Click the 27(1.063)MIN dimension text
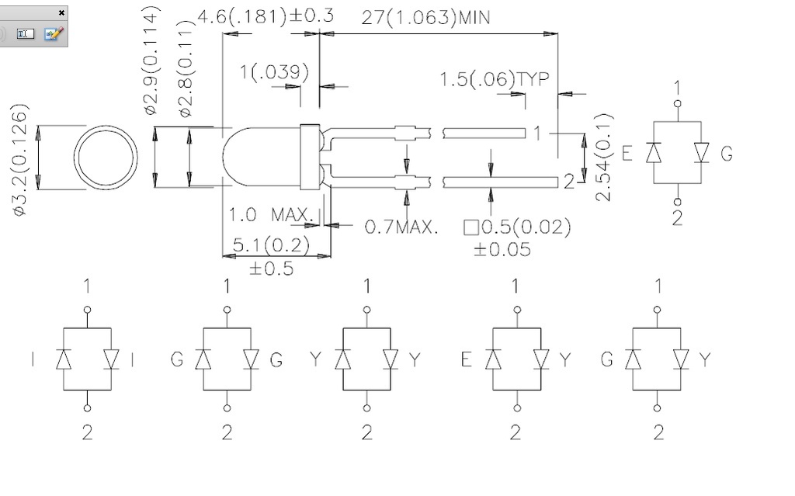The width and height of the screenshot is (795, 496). (425, 18)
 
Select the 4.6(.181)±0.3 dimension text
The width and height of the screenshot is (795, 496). (265, 16)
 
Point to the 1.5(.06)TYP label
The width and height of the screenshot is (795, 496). (495, 79)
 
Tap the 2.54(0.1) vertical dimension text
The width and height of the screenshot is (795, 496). (605, 157)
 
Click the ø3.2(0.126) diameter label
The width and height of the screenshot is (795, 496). (21, 160)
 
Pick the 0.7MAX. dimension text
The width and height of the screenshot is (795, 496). (401, 227)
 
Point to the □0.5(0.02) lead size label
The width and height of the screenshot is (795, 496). (517, 227)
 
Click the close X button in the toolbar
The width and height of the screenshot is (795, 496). (62, 13)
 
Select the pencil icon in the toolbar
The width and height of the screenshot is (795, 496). (53, 34)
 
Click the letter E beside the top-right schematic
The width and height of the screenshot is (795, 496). (627, 153)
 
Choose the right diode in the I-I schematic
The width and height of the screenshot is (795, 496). (111, 359)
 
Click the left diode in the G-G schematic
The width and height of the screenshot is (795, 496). (203, 359)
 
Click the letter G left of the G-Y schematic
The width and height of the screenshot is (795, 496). (607, 359)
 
